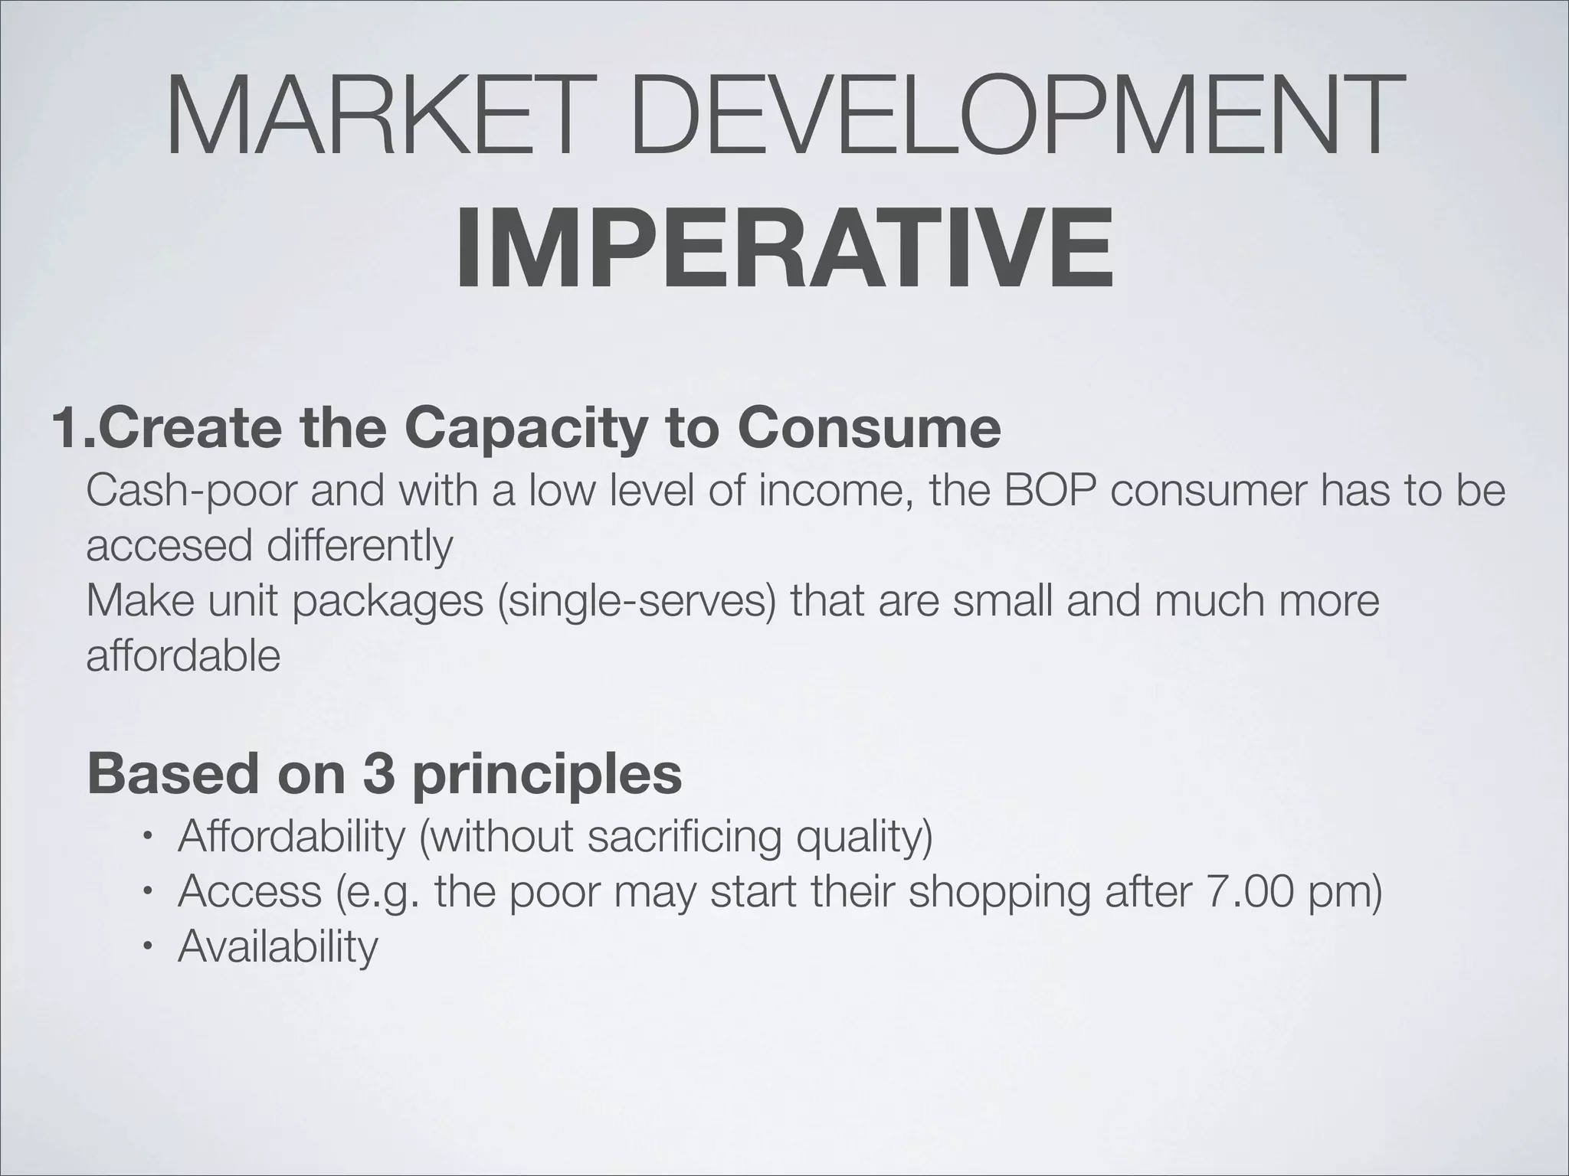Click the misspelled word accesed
[169, 547]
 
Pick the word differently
[360, 547]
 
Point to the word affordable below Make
[183, 656]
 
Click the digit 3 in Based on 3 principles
[378, 774]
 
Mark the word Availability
[278, 947]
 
